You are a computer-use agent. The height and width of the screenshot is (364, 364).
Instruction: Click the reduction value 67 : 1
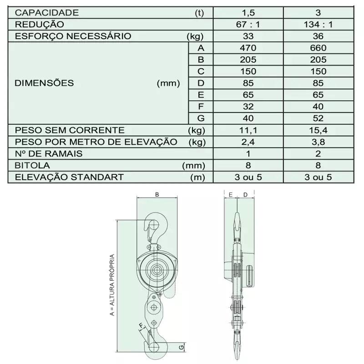coord(248,25)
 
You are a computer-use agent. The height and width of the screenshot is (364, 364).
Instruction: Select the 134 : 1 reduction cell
coord(318,25)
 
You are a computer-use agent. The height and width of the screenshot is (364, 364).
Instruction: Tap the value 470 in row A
coord(248,48)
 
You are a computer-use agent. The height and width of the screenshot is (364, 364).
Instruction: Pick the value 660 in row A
coord(318,48)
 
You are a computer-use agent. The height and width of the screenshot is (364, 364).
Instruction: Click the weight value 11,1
coord(248,130)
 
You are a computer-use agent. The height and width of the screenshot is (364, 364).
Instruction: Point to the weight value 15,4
coord(318,130)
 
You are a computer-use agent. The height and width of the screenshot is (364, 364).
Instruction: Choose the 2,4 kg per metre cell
coord(248,142)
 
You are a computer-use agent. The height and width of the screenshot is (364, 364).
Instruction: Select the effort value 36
coord(318,36)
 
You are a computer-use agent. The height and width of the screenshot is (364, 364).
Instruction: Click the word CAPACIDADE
coord(47,13)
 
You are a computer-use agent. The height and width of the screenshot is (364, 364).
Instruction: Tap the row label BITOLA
coord(32,166)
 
